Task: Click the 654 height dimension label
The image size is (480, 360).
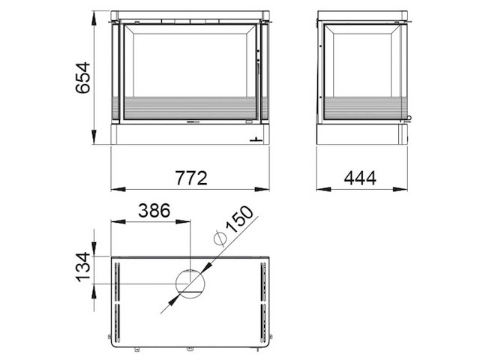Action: coord(83,78)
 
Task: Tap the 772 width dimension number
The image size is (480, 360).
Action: coord(191,178)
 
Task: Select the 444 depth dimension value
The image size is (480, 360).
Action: coord(360,178)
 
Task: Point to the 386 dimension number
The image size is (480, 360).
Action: coord(154,211)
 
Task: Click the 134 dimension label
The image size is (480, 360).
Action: coord(83,267)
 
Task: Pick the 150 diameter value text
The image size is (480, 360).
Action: coord(240,219)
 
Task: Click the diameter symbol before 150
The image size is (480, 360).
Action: coord(220,238)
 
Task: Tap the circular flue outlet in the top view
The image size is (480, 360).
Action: coord(190,284)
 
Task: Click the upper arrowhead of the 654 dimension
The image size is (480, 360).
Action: coord(94,19)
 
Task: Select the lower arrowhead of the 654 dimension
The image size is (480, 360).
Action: coord(94,136)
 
